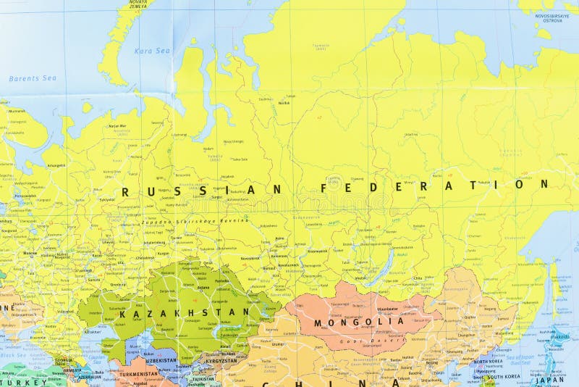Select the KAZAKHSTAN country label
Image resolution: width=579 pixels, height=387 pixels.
coord(184,313)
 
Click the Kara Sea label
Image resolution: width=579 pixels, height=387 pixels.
coord(152,51)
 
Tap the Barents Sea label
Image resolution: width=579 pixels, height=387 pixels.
coord(32,78)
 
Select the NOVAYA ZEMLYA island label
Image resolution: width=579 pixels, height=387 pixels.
coord(137,4)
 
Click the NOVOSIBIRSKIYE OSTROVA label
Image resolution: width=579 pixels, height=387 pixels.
coord(552,17)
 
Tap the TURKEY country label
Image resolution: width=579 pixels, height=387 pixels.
coord(14,381)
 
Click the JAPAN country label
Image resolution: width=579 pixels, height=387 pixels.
coord(550,379)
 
